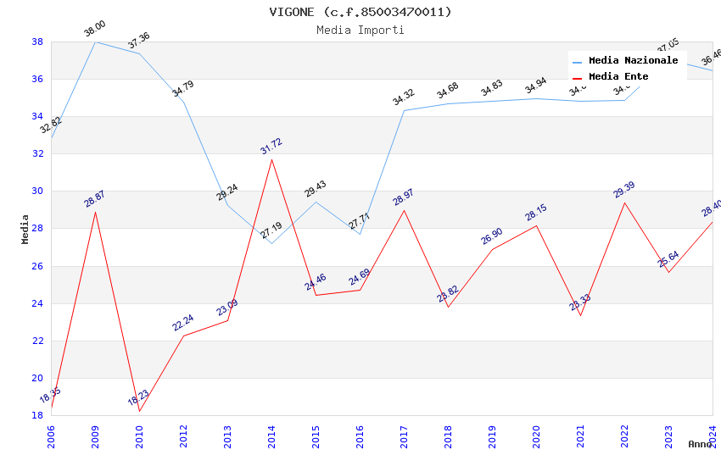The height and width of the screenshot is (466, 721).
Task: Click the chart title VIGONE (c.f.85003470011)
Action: [360, 12]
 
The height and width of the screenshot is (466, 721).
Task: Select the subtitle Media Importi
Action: [360, 30]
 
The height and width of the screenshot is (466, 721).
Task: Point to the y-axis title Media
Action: [25, 229]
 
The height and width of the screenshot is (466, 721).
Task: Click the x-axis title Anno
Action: [700, 444]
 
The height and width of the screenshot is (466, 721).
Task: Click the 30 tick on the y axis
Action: [37, 191]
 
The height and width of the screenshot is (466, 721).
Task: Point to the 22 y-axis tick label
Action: [37, 341]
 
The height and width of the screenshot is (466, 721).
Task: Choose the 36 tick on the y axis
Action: [37, 79]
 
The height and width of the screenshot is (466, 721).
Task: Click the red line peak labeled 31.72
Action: [271, 159]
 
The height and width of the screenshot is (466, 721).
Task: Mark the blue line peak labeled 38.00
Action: [95, 42]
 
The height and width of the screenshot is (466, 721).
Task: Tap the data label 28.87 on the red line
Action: [94, 199]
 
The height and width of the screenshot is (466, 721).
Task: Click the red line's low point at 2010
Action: [139, 411]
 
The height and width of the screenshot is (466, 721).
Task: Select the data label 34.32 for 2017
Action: [403, 98]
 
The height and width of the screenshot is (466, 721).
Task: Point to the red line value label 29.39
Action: [623, 190]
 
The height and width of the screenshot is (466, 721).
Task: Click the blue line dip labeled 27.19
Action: [271, 243]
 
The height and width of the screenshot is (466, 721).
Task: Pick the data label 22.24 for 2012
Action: [182, 323]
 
